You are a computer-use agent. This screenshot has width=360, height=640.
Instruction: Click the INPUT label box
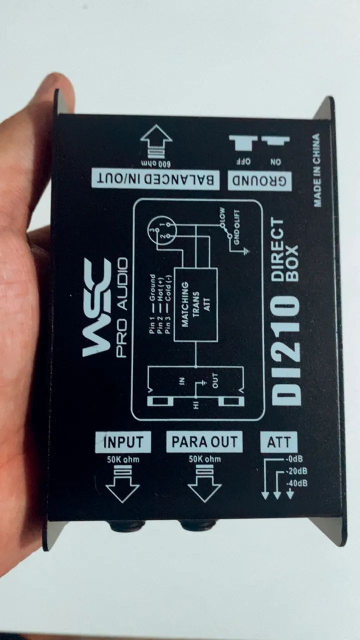click(123, 442)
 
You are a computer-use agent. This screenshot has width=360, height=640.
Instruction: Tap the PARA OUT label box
click(204, 441)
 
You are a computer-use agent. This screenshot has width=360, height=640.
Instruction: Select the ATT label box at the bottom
click(279, 442)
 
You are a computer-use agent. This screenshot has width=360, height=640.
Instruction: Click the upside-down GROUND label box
click(259, 181)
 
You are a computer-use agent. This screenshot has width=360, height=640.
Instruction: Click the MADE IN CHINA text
click(316, 170)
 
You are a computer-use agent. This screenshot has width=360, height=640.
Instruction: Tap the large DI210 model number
click(285, 350)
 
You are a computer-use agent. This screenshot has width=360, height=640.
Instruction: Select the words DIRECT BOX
click(284, 250)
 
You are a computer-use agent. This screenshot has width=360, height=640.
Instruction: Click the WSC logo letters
click(97, 307)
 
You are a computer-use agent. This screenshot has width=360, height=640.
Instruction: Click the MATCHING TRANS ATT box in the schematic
click(195, 304)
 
